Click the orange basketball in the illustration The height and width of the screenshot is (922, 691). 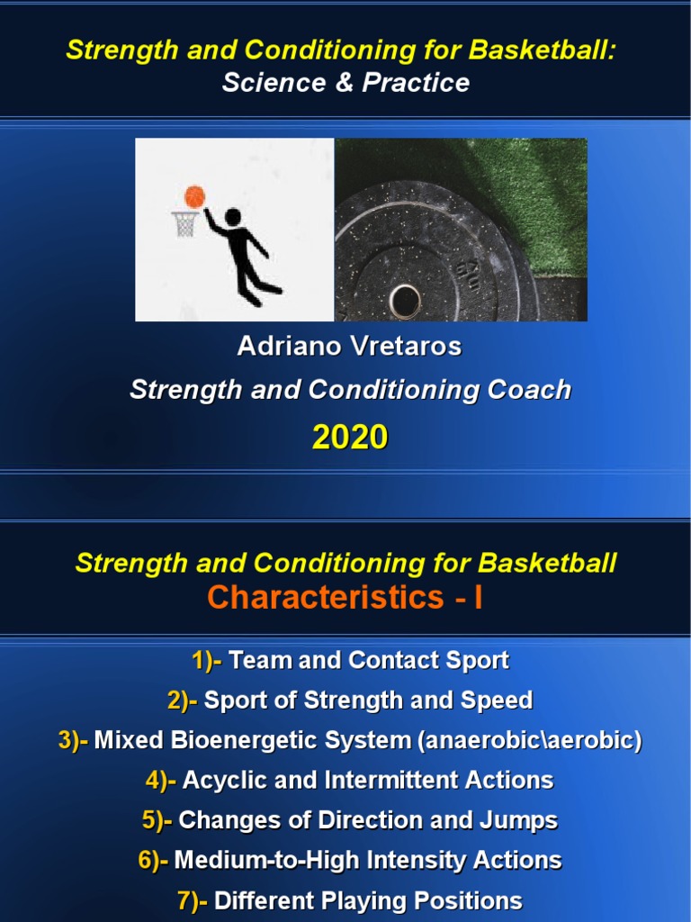click(194, 196)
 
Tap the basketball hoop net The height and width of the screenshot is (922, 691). click(185, 225)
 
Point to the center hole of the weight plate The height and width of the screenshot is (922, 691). click(405, 296)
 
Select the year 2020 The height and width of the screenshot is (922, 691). click(350, 438)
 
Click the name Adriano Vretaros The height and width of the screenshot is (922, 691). click(349, 347)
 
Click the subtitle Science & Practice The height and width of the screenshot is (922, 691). click(345, 83)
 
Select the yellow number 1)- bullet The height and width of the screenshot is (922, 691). click(207, 661)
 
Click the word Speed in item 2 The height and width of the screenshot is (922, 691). click(500, 701)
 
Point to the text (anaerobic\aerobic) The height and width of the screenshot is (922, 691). click(529, 741)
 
